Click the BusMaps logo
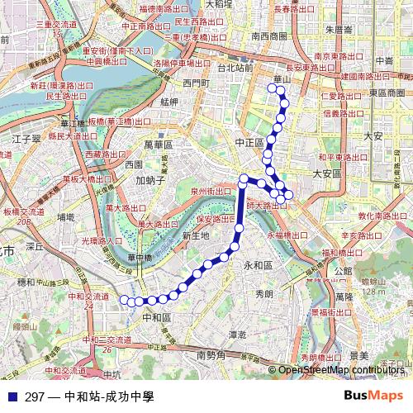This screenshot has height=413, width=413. [x=374, y=396]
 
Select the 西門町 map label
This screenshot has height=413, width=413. [x=196, y=83]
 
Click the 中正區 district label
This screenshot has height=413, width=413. [x=249, y=142]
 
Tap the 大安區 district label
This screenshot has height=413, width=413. [x=326, y=173]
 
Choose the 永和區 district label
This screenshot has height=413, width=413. [x=258, y=265]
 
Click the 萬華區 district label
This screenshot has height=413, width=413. [x=158, y=144]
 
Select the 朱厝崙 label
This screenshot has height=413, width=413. [x=339, y=29]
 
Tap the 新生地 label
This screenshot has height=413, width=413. [x=195, y=235]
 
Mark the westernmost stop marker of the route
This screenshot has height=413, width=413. [x=125, y=300]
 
